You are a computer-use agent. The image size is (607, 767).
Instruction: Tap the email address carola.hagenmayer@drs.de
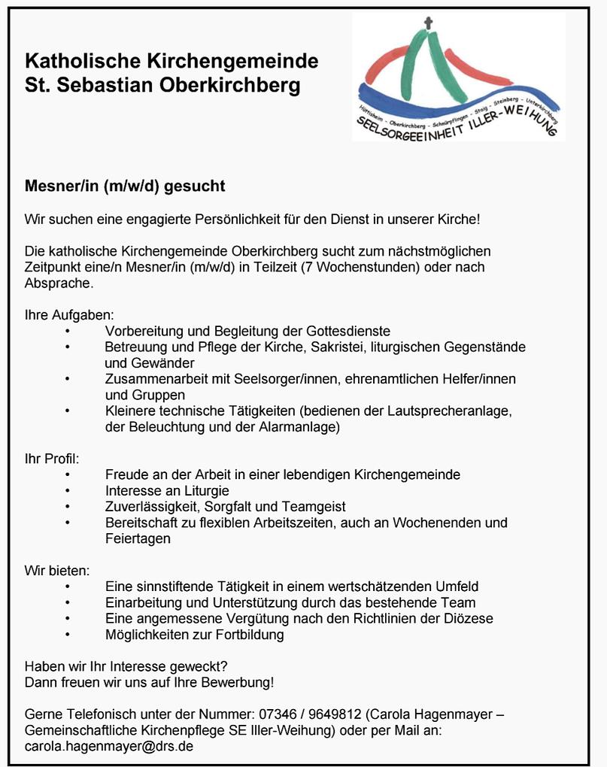109,747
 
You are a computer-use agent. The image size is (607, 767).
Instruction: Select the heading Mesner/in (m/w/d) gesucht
125,186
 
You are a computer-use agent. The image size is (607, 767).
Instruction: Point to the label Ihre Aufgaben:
69,314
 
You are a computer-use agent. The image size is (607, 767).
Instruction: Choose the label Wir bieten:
57,570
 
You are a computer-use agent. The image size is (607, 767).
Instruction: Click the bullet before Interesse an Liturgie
68,491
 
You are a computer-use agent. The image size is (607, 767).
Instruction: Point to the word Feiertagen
138,539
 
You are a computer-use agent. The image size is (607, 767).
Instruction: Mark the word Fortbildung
247,635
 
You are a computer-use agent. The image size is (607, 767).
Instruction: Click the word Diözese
469,619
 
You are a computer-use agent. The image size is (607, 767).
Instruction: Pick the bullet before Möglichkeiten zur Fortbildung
68,635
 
